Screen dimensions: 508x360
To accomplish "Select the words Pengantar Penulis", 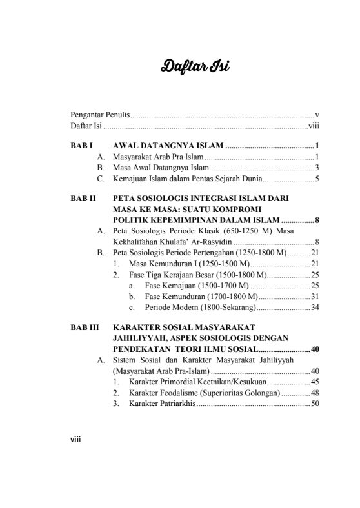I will click(100, 115).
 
